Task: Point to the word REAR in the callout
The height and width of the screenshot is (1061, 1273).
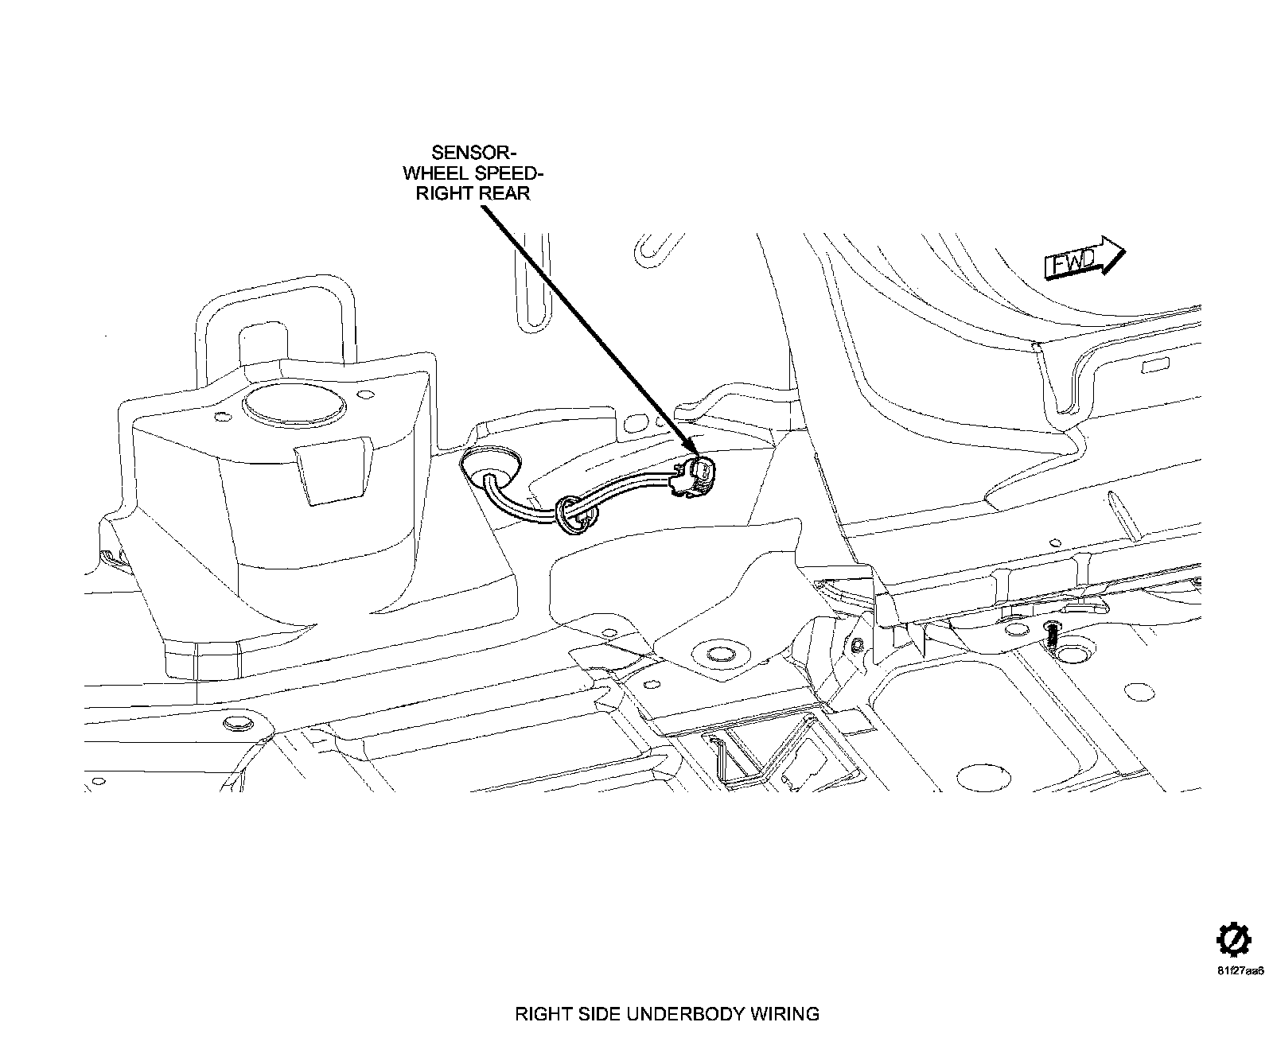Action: click(x=504, y=194)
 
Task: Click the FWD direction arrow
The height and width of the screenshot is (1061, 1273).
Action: click(x=1084, y=258)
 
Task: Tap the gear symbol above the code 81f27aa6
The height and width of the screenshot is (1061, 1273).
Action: click(x=1233, y=941)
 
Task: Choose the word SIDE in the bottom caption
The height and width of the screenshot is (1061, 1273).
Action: click(x=598, y=1014)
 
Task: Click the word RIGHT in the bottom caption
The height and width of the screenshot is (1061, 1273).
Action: click(x=542, y=1014)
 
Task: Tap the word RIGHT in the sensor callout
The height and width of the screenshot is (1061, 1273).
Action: click(x=446, y=194)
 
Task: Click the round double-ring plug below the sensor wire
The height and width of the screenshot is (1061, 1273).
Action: click(x=721, y=655)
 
